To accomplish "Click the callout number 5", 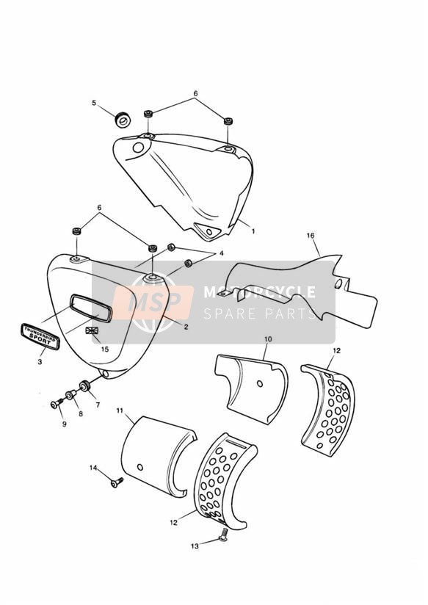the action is click(94, 103).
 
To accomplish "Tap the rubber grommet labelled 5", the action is click(123, 119).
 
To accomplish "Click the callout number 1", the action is click(253, 231).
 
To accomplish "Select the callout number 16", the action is click(311, 236).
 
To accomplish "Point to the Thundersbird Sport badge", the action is click(40, 336).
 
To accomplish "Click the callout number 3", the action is click(40, 362).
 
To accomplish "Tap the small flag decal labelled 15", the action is click(93, 330).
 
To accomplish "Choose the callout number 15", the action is click(105, 349).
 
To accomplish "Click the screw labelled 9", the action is click(57, 404).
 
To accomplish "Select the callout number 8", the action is click(81, 413).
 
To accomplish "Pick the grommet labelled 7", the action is click(84, 385).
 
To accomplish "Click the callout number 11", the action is click(119, 410).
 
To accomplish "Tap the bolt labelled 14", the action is click(117, 482).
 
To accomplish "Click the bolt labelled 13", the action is click(222, 535).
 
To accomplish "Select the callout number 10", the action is click(268, 339).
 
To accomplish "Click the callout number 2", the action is click(186, 327).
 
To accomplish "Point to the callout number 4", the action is click(221, 253).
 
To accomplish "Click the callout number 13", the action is click(195, 546).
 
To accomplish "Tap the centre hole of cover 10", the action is click(260, 383).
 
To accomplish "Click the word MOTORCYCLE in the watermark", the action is click(259, 292).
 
